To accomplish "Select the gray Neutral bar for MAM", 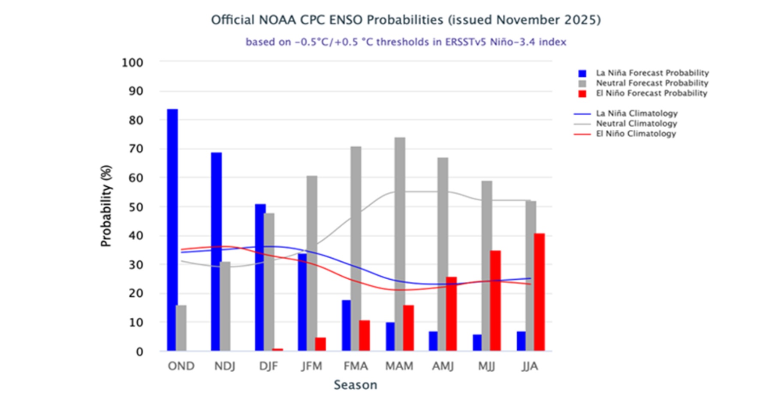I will point(400,244).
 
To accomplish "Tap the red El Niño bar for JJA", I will point(539,292).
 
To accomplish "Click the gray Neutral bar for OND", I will point(181,328).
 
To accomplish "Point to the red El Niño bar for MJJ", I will point(495,301).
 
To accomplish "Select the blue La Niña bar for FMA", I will point(346,325).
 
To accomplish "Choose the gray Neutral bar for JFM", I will point(312,263).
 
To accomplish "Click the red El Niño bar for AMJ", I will point(451,314).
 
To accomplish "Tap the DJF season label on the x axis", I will point(268,366).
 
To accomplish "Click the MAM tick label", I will point(399,366).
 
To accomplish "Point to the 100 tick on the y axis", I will point(132,63).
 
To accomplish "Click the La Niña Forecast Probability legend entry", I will point(652,73).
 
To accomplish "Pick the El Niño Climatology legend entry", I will point(636,134).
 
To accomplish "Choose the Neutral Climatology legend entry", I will point(636,123).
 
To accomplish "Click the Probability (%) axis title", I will point(106,206).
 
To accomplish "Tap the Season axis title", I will point(356,385).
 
